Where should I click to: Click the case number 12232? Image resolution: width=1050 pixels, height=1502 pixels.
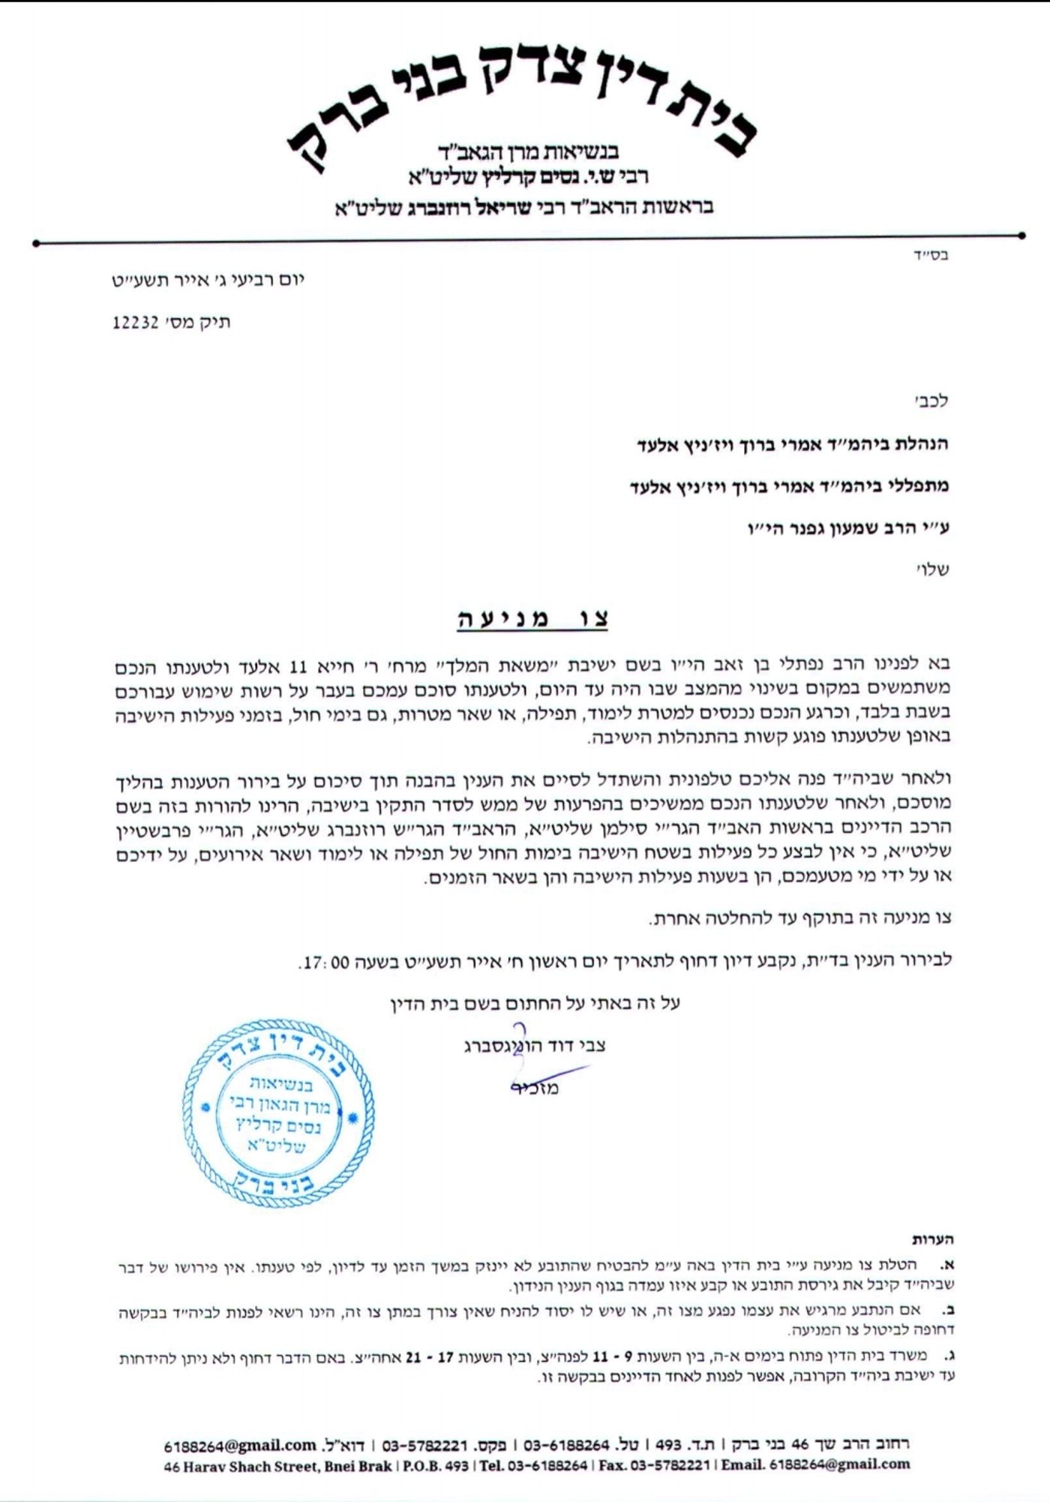pyautogui.click(x=135, y=323)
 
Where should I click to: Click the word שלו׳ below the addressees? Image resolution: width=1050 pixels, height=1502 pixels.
pyautogui.click(x=934, y=569)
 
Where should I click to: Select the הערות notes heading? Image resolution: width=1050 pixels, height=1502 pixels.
pyautogui.click(x=932, y=1239)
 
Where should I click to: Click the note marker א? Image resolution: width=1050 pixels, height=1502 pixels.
pyautogui.click(x=948, y=1265)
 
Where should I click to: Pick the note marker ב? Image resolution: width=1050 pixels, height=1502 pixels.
pyautogui.click(x=948, y=1311)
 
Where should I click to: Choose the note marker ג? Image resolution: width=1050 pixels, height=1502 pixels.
pyautogui.click(x=949, y=1356)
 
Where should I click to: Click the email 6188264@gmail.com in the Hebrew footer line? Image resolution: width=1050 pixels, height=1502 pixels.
pyautogui.click(x=240, y=1445)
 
